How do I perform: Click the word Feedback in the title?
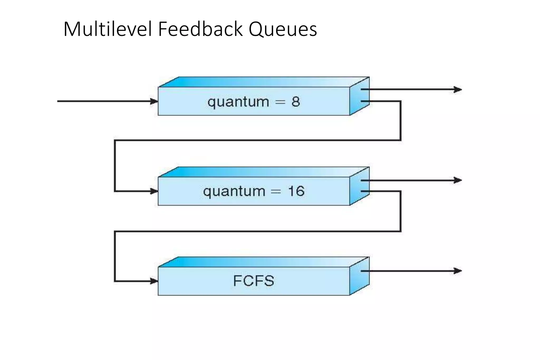click(200, 29)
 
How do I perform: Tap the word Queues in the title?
click(282, 30)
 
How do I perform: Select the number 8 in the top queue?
click(296, 102)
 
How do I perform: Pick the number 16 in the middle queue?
click(296, 191)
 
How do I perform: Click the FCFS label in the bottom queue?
click(254, 281)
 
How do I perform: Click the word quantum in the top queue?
click(238, 102)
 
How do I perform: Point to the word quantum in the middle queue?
click(234, 191)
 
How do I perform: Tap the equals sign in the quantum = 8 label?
click(280, 102)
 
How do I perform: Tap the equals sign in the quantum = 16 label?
click(276, 191)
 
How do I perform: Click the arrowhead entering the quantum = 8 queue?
click(154, 101)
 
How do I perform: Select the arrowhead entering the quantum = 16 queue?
click(154, 191)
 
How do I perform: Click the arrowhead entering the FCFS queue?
click(154, 281)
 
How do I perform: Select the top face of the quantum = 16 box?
click(264, 172)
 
